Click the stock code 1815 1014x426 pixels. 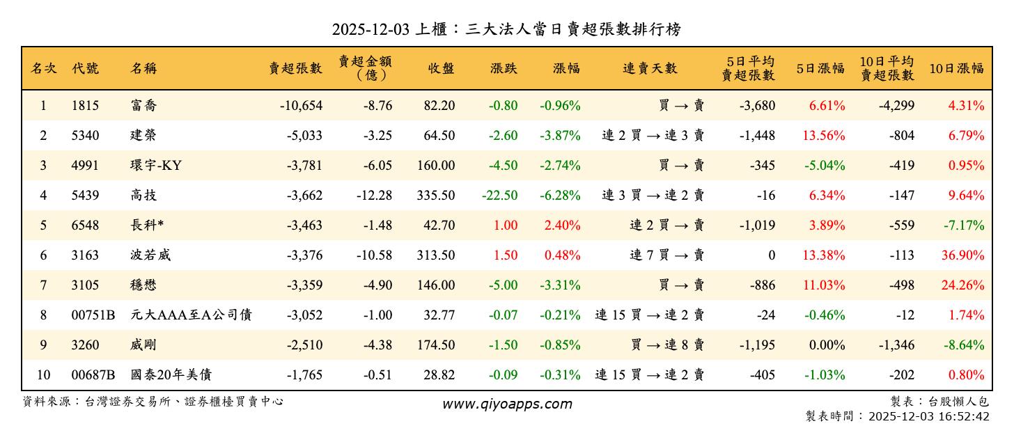click(85, 106)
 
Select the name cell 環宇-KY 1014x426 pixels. click(156, 166)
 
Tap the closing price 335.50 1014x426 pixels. click(436, 196)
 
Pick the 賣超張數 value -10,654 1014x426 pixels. click(301, 106)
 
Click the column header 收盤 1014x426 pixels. click(442, 68)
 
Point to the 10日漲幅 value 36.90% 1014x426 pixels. click(963, 255)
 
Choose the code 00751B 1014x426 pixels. click(93, 315)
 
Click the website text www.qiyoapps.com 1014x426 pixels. click(507, 404)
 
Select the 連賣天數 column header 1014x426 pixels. click(650, 68)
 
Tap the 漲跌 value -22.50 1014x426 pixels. click(499, 196)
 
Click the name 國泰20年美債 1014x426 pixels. click(171, 375)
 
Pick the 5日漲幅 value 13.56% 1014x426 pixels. click(824, 136)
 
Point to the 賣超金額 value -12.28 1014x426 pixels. click(374, 196)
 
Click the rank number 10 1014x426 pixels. click(43, 375)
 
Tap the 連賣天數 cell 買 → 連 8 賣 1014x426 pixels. click(666, 345)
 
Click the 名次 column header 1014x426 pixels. click(44, 68)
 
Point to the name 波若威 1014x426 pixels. click(150, 255)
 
